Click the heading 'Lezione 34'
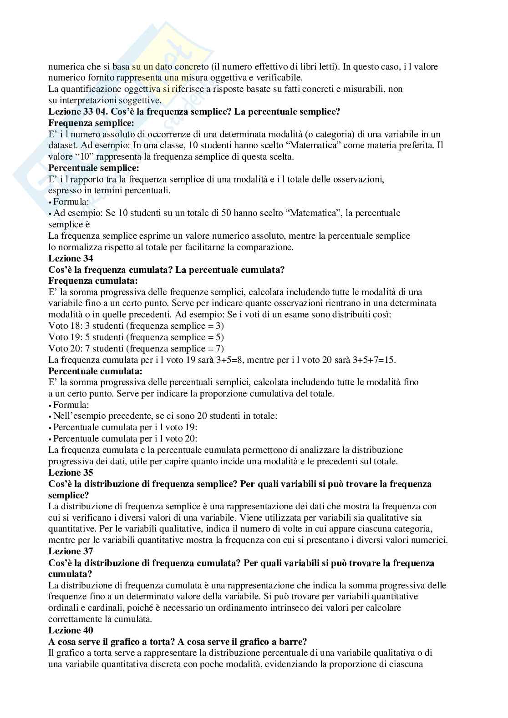(71, 259)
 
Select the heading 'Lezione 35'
(71, 472)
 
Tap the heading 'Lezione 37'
(71, 552)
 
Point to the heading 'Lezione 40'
(71, 630)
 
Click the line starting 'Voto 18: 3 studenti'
(136, 326)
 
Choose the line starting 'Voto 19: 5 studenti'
(136, 337)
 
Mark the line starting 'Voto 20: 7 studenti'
(136, 349)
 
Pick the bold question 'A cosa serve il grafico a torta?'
(120, 642)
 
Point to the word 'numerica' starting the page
(63, 67)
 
